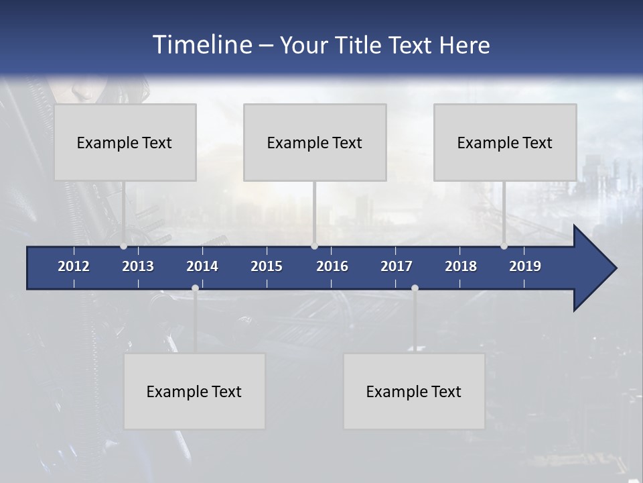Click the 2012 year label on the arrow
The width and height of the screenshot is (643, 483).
coord(74,266)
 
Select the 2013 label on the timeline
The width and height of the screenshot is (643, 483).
coord(138,266)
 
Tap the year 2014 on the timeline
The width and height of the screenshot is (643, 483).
coord(202,266)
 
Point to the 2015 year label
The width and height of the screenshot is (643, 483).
coord(267,266)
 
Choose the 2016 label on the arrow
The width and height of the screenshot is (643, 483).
coord(332,266)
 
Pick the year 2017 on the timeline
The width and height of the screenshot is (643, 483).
coord(397,266)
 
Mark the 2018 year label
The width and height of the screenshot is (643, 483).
coord(461,266)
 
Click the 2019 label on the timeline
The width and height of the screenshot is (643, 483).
coord(525,266)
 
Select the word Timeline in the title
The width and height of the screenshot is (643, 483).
coord(202,44)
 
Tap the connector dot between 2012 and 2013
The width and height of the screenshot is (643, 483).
coord(123,246)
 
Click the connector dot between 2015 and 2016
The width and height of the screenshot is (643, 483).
coord(314,246)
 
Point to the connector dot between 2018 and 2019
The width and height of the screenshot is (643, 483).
coord(504,246)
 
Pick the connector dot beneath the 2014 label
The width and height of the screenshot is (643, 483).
coord(195,288)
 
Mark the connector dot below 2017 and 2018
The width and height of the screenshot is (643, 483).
coord(415,288)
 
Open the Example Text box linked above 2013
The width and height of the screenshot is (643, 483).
coord(125,142)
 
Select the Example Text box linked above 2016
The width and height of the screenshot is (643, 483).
coord(315,142)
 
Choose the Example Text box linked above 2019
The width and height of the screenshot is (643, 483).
coord(505,142)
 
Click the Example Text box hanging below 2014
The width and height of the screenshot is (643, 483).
coord(194,391)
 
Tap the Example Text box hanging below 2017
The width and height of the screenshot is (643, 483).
coord(414,391)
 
